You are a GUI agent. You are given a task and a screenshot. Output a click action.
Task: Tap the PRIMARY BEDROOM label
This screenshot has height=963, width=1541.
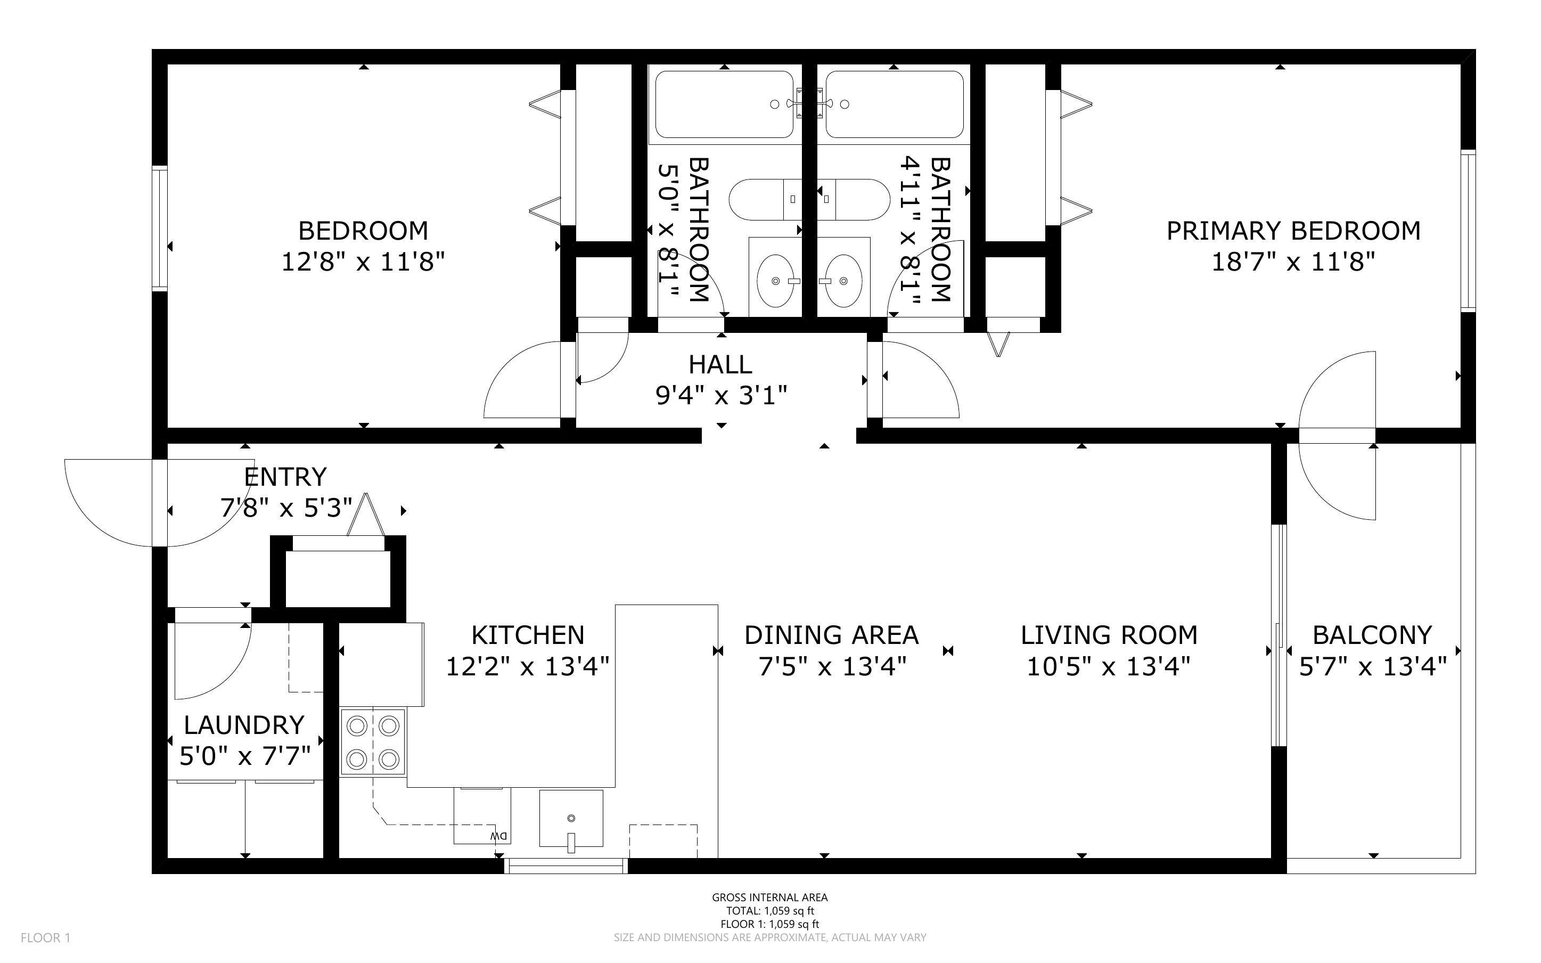[1293, 231]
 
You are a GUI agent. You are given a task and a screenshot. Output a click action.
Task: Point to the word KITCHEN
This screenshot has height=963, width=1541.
[528, 635]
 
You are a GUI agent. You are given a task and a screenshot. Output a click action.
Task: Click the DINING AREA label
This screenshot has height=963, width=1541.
[831, 635]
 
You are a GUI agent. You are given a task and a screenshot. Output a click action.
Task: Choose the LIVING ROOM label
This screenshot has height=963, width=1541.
[1109, 635]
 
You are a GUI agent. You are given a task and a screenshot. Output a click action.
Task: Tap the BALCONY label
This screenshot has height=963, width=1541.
[1372, 635]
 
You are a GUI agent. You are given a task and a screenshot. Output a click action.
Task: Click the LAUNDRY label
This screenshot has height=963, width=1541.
[244, 725]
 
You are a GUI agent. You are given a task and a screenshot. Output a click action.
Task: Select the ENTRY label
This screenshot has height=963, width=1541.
[285, 476]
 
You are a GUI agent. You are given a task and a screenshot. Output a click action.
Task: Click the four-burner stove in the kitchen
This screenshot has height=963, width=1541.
[372, 742]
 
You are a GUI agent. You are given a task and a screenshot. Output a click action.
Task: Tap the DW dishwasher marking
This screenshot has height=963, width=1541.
[498, 836]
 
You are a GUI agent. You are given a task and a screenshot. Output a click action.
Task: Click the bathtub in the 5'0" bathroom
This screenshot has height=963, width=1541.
[724, 104]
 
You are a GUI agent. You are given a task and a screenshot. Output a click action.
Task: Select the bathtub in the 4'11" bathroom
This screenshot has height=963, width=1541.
[895, 104]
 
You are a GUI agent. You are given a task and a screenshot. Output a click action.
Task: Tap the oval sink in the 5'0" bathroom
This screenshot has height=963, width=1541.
[776, 280]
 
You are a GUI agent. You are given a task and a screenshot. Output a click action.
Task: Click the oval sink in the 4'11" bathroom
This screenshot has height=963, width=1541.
[844, 280]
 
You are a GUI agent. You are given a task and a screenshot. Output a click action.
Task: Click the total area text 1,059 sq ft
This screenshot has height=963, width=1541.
[769, 911]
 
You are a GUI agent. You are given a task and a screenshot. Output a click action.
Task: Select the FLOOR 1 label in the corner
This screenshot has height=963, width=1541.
[46, 937]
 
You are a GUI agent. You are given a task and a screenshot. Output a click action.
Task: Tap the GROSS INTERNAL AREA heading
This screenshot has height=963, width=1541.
[769, 897]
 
